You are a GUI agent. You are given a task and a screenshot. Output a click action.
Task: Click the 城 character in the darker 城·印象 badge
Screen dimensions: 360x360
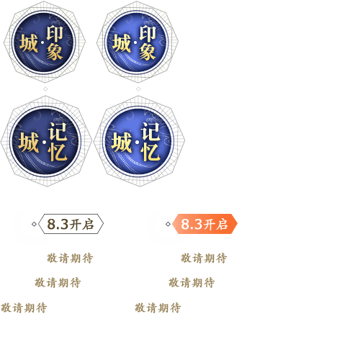29,43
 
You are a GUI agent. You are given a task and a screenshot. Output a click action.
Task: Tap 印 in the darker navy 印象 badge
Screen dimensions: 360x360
55,34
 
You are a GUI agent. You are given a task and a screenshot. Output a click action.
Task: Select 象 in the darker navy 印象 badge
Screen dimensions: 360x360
55,52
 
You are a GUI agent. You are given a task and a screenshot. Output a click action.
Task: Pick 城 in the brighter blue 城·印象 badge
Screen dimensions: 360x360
122,43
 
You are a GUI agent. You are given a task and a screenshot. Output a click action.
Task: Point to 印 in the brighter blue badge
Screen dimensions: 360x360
148,34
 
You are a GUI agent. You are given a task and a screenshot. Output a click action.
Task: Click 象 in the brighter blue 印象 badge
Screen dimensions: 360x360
148,52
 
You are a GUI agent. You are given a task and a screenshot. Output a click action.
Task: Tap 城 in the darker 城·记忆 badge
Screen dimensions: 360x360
29,143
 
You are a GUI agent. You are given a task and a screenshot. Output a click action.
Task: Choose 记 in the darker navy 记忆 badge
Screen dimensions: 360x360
58,132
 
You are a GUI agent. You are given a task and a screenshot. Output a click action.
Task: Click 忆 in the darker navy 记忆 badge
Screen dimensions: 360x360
58,153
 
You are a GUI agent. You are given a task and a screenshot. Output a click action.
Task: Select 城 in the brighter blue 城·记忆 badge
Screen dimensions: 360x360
122,143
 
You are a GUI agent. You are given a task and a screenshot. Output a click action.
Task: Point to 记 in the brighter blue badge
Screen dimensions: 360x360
150,132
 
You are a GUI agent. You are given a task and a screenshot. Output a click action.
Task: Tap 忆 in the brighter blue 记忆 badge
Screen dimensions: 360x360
150,153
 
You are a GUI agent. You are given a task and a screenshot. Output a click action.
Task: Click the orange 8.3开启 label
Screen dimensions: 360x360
204,224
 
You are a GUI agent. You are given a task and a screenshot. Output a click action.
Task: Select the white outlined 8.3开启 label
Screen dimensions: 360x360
71,224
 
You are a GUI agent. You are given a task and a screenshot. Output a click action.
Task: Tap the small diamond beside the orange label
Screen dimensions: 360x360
168,224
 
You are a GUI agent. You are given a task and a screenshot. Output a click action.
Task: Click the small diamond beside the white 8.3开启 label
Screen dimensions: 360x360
34,224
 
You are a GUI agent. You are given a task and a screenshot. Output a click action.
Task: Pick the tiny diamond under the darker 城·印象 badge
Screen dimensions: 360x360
45,89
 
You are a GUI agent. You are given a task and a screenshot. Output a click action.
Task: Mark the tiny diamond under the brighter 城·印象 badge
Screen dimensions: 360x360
138,89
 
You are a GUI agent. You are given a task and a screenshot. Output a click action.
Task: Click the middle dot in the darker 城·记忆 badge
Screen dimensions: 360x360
44,143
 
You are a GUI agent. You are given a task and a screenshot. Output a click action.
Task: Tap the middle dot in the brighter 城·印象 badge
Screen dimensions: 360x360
135,42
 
